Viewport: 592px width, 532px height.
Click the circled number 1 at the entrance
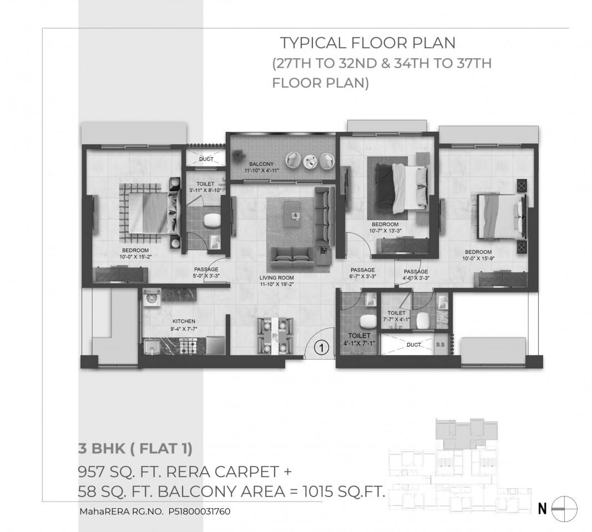[321, 347]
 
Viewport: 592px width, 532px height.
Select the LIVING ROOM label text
[277, 278]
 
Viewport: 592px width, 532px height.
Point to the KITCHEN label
[184, 321]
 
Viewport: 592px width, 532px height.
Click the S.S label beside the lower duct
[440, 345]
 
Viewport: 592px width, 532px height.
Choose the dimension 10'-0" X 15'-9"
[478, 259]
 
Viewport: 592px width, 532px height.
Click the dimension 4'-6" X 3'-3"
[416, 278]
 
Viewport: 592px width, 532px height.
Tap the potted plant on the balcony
[239, 155]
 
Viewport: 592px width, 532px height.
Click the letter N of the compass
[542, 509]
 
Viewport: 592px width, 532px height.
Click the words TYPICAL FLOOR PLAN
[367, 43]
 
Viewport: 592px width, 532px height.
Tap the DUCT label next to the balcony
[206, 159]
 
